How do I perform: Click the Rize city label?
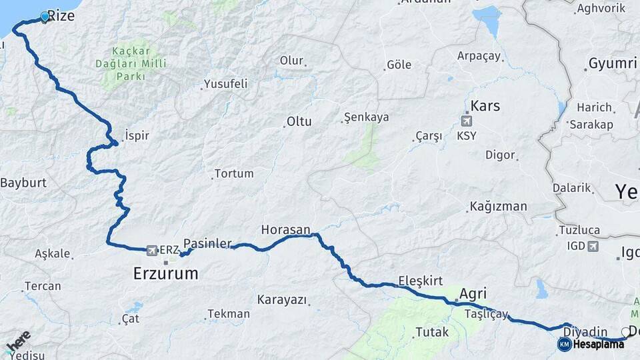61,15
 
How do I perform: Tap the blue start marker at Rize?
45,17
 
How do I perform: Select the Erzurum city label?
165,273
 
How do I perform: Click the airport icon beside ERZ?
151,250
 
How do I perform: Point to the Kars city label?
485,106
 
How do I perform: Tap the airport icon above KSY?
466,121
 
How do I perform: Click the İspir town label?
135,135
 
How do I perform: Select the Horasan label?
285,229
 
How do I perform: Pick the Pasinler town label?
207,243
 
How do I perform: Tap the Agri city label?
473,293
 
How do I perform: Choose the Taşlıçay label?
487,314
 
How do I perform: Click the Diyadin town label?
585,331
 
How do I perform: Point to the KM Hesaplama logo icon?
564,344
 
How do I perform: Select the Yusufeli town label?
226,84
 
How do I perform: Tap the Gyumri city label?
612,64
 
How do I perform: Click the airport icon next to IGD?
592,246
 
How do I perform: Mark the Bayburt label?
23,182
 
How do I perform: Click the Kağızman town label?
498,206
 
